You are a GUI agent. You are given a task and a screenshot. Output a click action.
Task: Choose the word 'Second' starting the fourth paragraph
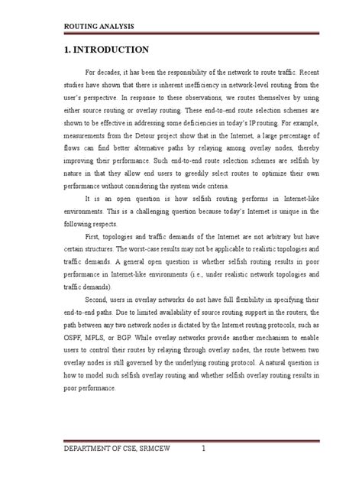coord(105,306)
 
